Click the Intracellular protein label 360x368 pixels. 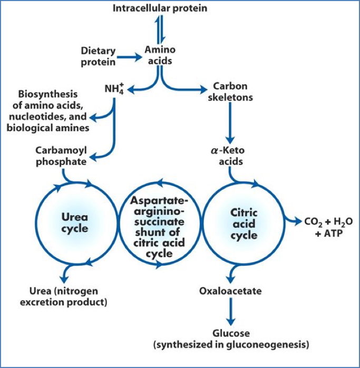click(x=160, y=8)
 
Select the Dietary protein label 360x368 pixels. click(x=98, y=55)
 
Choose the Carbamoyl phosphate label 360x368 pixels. click(x=61, y=156)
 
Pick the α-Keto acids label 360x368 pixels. click(x=231, y=156)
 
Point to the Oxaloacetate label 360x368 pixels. click(x=230, y=291)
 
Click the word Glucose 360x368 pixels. click(x=230, y=334)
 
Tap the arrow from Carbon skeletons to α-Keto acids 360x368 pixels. click(x=230, y=122)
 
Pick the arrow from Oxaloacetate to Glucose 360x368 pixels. click(x=230, y=312)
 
